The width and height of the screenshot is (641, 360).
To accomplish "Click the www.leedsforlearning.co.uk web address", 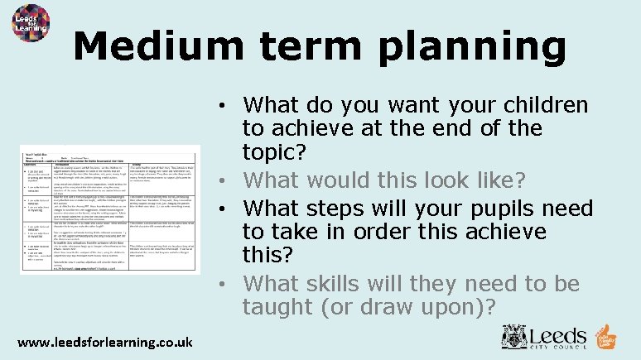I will (105, 341).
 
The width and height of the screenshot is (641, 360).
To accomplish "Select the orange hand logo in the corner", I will (606, 337).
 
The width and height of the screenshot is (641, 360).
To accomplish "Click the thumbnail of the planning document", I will (110, 209).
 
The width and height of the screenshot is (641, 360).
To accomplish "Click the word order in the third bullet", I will (400, 232).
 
